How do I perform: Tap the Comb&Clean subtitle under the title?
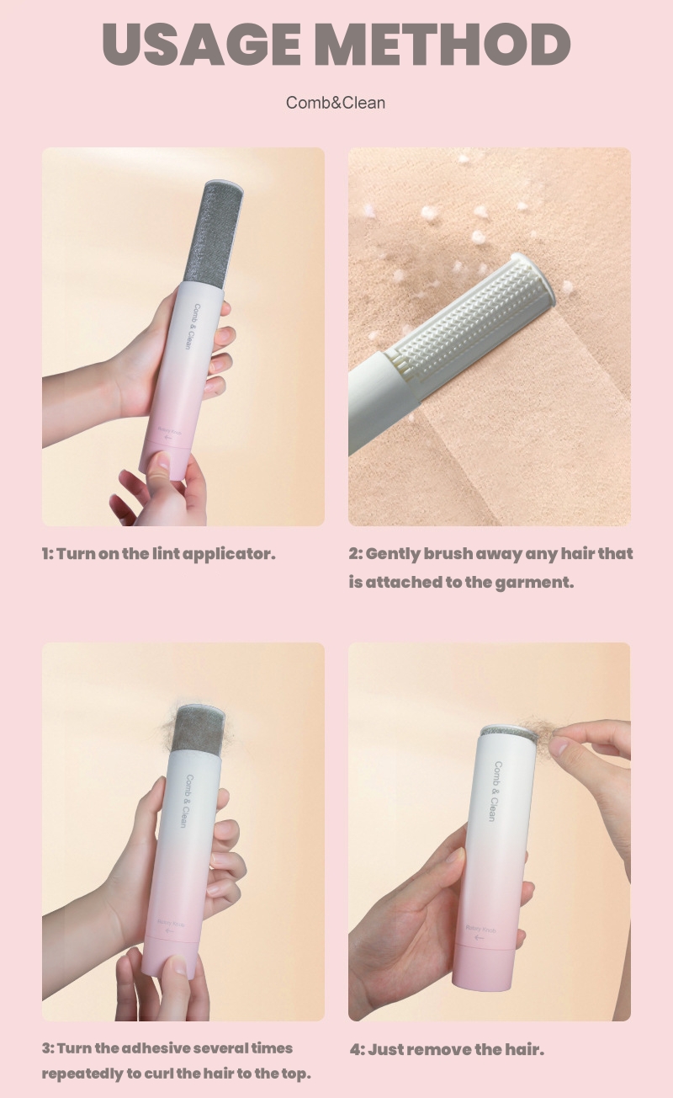336,103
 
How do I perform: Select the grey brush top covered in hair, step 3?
197,730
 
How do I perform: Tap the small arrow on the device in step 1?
167,438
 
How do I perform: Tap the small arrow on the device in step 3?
170,931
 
